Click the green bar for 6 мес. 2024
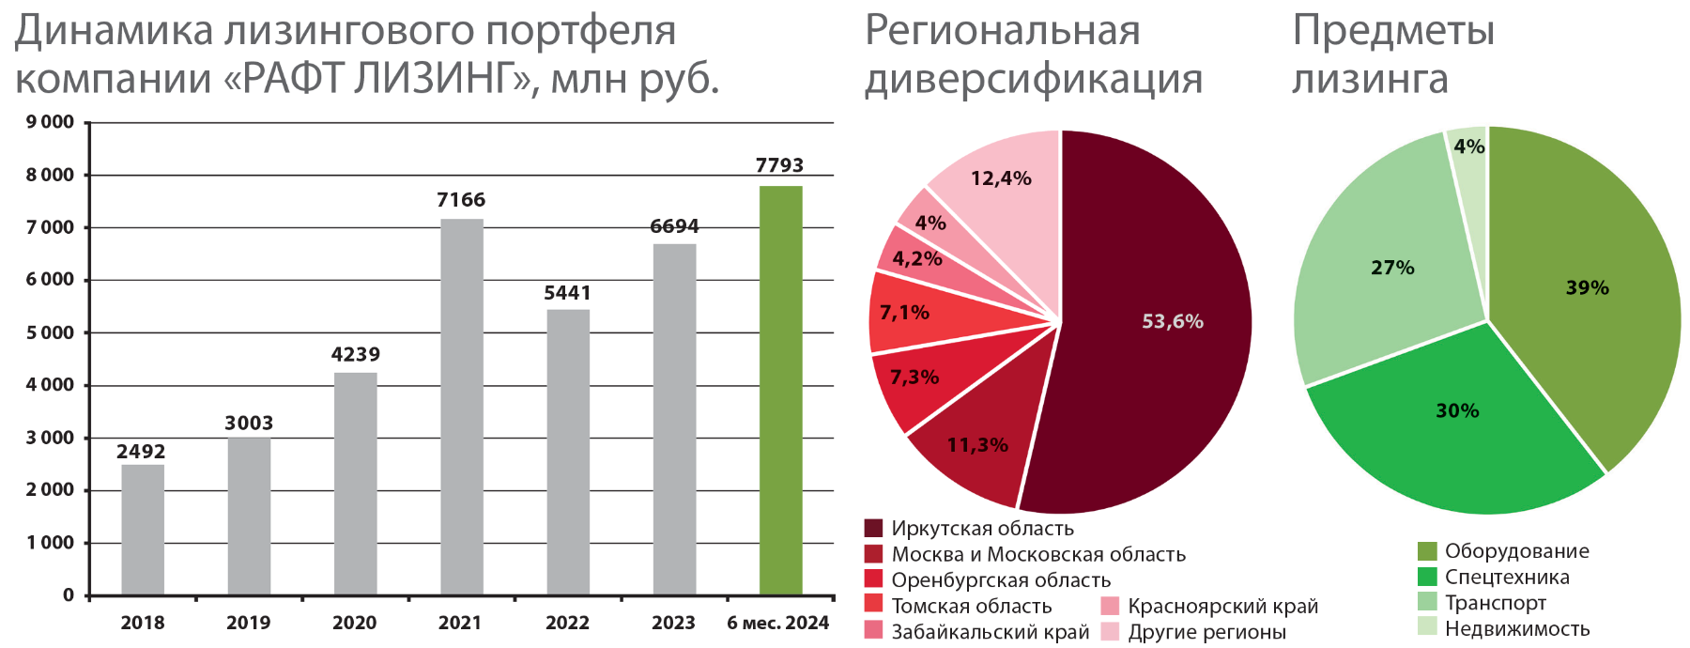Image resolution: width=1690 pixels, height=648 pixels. coord(780,390)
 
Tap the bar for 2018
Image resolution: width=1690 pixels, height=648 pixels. coord(143,530)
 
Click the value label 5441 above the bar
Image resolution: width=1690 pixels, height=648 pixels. coord(567,293)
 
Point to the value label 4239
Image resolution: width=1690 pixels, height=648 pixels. coord(355,355)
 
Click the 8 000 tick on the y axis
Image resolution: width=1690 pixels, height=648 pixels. coord(50,176)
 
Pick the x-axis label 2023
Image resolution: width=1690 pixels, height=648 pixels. coord(673,623)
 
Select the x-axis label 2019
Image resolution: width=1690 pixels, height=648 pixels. coord(248,623)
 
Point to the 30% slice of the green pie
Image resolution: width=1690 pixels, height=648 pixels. coord(1455,423)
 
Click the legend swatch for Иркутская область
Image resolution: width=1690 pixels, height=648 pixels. coord(873,529)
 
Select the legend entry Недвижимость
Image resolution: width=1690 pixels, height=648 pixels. coord(1516,629)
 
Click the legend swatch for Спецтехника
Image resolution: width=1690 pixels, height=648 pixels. coord(1427,577)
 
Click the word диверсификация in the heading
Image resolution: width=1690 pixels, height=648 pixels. coord(1033,79)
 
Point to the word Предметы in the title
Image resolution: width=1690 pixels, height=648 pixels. coord(1393,30)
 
